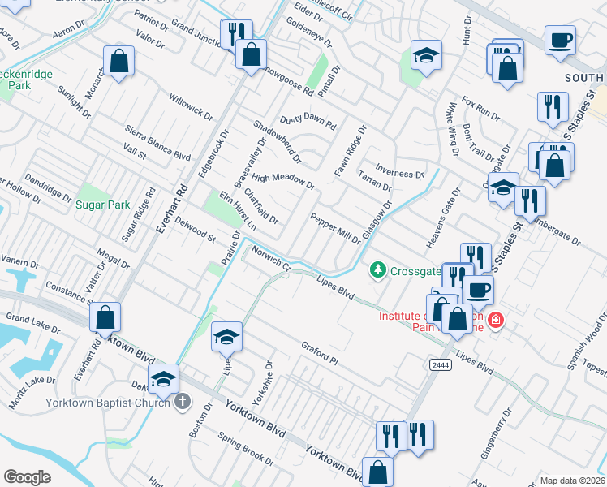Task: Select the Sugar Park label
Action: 102,205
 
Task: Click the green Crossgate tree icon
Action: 377,269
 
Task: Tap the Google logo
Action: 27,477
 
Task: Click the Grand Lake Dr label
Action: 33,322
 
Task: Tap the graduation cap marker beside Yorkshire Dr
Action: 227,336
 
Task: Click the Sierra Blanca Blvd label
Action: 157,143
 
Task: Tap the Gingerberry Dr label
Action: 495,434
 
